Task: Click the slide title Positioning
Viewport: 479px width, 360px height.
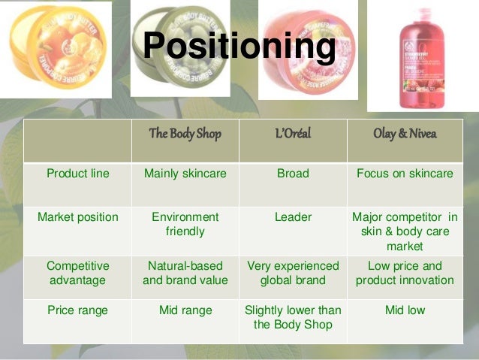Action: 239,47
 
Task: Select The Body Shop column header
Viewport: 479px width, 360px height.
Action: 185,134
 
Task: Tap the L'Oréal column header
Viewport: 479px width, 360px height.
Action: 293,134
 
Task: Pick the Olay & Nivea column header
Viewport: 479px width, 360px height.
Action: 405,134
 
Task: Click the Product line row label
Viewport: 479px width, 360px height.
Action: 78,174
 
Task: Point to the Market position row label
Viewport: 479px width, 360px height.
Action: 78,217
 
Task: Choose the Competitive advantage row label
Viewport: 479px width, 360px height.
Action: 78,273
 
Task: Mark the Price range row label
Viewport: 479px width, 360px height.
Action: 78,310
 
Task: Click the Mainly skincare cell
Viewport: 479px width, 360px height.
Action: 185,174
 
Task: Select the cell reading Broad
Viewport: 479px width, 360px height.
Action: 293,174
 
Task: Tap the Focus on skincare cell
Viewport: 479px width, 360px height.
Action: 405,174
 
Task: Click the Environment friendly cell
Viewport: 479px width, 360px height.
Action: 185,224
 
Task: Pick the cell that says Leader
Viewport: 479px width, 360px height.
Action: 293,217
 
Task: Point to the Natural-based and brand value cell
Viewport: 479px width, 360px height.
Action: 185,273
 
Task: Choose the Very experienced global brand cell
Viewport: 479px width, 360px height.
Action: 293,273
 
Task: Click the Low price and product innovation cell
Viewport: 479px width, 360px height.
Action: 405,273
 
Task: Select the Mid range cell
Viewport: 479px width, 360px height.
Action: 185,310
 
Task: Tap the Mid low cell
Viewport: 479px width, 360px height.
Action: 405,310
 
